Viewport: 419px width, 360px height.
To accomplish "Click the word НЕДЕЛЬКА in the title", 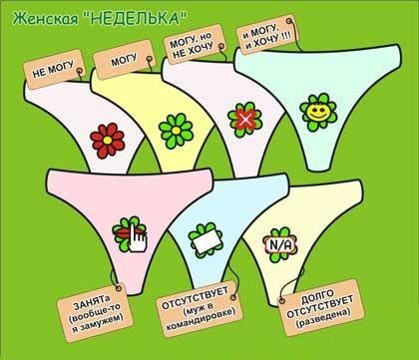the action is [137, 19].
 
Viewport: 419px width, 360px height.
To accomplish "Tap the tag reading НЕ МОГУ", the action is [54, 69].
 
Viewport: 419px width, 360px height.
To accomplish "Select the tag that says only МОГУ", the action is [125, 60].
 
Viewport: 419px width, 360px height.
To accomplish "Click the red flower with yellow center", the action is [108, 141].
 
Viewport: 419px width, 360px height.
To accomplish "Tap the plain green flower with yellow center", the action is [176, 131].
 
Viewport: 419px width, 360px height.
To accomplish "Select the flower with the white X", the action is [245, 120].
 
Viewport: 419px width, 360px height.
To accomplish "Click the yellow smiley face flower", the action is [318, 112].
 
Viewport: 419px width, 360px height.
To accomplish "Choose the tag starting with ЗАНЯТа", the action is [95, 312].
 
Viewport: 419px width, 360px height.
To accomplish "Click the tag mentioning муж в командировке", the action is [200, 309].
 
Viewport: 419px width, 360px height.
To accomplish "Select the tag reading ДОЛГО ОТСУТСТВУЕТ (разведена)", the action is [321, 307].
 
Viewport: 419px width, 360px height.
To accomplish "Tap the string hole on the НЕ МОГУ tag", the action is [79, 71].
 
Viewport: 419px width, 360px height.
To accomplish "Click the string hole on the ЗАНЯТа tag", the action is [118, 287].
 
